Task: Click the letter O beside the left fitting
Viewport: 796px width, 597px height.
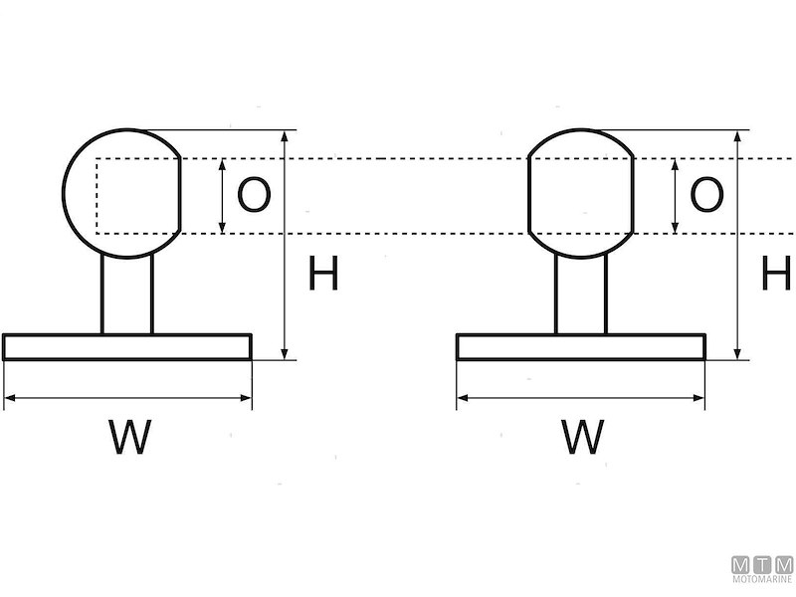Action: click(x=254, y=195)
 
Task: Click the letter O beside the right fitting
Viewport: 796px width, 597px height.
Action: click(x=706, y=195)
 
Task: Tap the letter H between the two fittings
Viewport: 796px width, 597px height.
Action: click(x=323, y=274)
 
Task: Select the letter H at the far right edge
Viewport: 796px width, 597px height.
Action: click(x=776, y=274)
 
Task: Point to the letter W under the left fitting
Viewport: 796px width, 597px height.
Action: click(x=129, y=437)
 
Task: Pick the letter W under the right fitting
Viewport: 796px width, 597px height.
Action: click(x=582, y=437)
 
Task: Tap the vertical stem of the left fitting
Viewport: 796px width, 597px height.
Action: click(x=127, y=295)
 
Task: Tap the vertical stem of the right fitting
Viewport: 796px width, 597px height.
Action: click(x=581, y=295)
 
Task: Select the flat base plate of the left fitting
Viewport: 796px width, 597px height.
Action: click(x=127, y=346)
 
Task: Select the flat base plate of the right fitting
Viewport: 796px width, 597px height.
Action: click(x=581, y=346)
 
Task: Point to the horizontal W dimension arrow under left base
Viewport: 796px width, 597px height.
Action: click(x=127, y=398)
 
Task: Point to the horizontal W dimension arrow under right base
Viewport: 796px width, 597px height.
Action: click(x=581, y=398)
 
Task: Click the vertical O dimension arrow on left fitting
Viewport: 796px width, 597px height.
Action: click(x=222, y=195)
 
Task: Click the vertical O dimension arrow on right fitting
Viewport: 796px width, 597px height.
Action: click(x=676, y=195)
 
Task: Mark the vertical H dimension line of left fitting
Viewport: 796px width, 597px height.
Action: click(x=286, y=244)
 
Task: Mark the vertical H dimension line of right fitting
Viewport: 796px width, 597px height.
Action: click(x=737, y=244)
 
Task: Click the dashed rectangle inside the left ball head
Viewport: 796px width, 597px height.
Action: click(x=97, y=196)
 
